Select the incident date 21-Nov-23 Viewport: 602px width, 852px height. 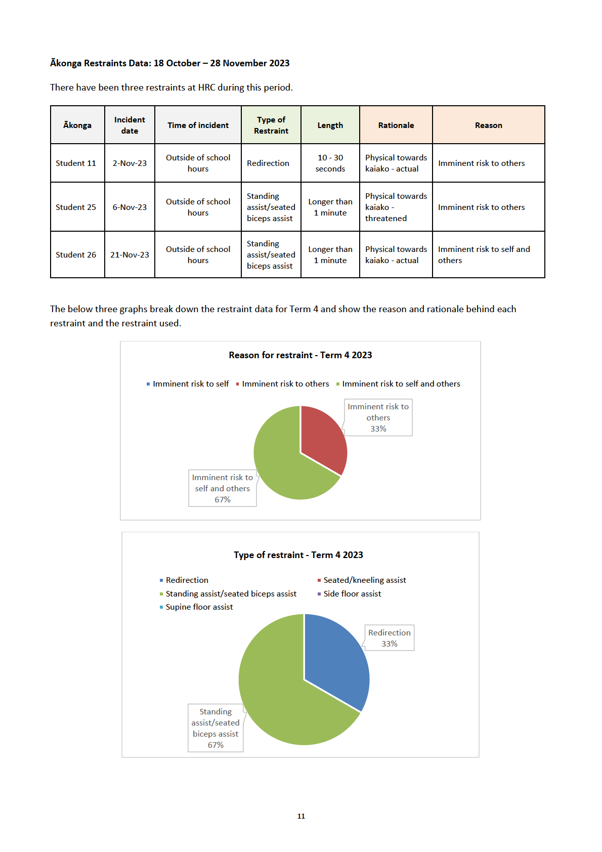(x=130, y=254)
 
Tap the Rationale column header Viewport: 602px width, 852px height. (x=396, y=125)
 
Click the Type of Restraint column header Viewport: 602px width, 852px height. (x=271, y=125)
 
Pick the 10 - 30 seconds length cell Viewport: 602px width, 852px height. (x=330, y=163)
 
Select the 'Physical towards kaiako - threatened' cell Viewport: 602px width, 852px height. (x=396, y=207)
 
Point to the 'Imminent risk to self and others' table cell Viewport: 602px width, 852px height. (x=488, y=254)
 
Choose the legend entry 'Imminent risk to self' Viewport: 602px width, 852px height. (x=188, y=384)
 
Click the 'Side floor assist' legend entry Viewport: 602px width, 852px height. (x=349, y=594)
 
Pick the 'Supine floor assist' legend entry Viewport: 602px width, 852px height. (x=196, y=607)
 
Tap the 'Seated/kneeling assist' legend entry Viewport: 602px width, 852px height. (x=362, y=580)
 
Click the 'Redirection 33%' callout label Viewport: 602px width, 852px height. (x=389, y=638)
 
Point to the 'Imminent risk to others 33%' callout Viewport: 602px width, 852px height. (x=378, y=417)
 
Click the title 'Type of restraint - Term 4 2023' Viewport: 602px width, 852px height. (x=298, y=555)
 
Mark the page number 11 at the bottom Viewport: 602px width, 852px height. (x=301, y=816)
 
